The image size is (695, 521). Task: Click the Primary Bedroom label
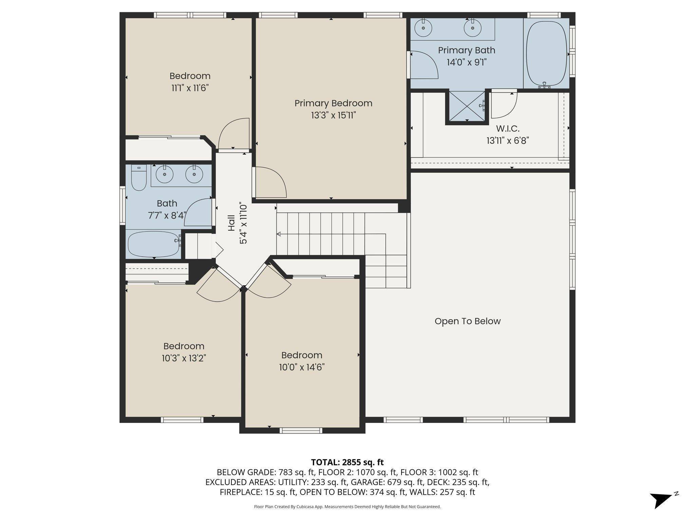(x=333, y=103)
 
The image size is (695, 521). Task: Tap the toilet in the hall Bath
(x=139, y=177)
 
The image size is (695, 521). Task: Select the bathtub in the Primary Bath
(x=546, y=54)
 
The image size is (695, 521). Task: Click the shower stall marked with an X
(x=467, y=106)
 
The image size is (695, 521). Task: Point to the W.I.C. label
(x=508, y=129)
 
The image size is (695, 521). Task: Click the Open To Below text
(x=468, y=321)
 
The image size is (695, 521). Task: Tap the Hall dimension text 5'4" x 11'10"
(x=243, y=224)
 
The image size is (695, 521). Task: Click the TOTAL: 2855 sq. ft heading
(x=347, y=462)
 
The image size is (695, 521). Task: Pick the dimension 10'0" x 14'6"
(x=302, y=367)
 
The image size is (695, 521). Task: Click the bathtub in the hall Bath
(x=154, y=244)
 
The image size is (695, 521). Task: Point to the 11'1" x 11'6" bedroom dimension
(x=190, y=88)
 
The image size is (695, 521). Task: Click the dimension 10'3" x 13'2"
(x=184, y=358)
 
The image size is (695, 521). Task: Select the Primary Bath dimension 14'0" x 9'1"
(x=467, y=62)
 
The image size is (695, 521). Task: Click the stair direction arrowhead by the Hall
(x=279, y=234)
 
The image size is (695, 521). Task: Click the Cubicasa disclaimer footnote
(x=347, y=507)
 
